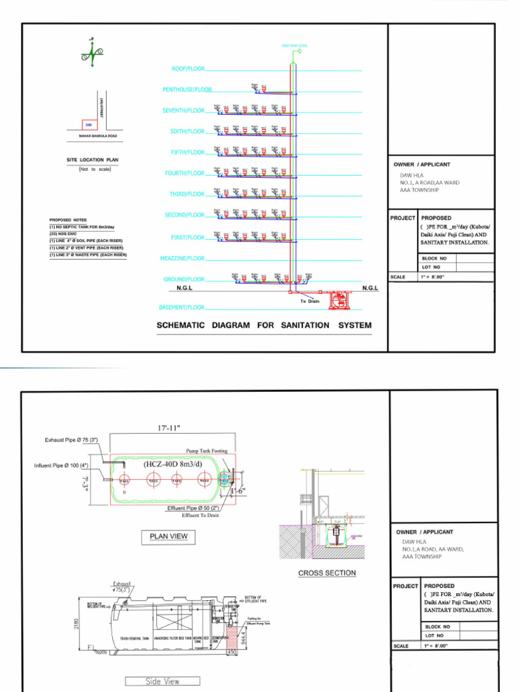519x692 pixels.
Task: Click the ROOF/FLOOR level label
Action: pos(188,69)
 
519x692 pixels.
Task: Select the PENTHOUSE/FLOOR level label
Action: pos(187,90)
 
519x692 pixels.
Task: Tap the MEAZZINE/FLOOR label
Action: pos(182,258)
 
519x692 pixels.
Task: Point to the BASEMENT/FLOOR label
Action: pos(181,307)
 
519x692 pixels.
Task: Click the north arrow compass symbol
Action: pos(92,53)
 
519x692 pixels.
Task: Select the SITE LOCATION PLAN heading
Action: pos(93,160)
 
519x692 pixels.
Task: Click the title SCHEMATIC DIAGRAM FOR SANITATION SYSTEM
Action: pos(264,325)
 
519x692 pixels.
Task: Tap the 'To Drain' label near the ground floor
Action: pos(310,301)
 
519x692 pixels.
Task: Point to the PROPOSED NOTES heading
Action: pos(68,220)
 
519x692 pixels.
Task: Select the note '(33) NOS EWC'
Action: pos(64,234)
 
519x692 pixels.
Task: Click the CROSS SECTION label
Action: pos(326,573)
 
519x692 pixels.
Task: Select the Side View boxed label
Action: pos(162,681)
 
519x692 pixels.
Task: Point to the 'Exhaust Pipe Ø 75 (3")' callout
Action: pos(72,441)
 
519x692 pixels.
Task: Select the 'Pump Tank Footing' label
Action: pos(207,451)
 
